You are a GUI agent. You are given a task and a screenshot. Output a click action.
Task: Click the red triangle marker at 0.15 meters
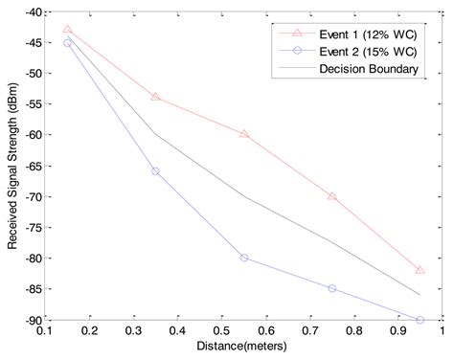pyautogui.click(x=67, y=30)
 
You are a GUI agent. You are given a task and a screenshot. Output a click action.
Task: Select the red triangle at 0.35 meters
pyautogui.click(x=155, y=98)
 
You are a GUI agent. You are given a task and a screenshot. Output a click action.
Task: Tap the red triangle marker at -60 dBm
pyautogui.click(x=244, y=134)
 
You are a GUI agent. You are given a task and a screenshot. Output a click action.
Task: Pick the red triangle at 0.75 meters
pyautogui.click(x=332, y=196)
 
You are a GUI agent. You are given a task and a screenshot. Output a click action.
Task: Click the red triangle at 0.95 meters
pyautogui.click(x=420, y=270)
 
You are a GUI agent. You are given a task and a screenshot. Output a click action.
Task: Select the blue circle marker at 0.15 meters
pyautogui.click(x=67, y=43)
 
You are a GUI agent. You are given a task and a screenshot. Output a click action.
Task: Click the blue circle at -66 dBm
pyautogui.click(x=155, y=171)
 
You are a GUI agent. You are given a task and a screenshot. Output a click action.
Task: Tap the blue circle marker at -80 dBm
pyautogui.click(x=244, y=258)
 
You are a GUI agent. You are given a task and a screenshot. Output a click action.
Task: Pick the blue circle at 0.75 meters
pyautogui.click(x=332, y=288)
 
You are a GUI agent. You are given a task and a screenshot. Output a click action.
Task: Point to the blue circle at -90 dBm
pyautogui.click(x=420, y=320)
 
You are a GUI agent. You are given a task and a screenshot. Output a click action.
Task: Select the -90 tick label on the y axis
pyautogui.click(x=28, y=320)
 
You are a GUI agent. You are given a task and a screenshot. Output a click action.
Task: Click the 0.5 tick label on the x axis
pyautogui.click(x=221, y=332)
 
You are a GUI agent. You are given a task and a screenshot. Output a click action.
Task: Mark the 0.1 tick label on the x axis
pyautogui.click(x=45, y=332)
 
